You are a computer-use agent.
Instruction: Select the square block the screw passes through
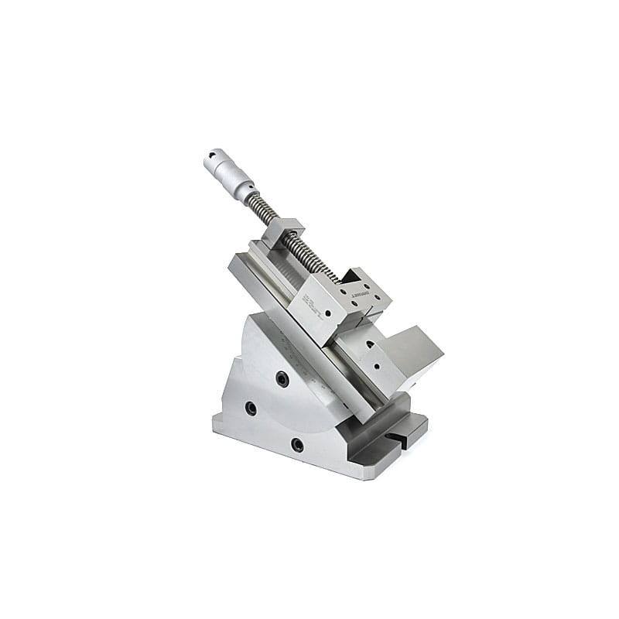[282, 232]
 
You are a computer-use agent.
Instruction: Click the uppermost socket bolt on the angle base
[282, 379]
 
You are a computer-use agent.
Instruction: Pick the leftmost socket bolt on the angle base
[250, 408]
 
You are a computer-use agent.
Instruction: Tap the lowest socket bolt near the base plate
[297, 444]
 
